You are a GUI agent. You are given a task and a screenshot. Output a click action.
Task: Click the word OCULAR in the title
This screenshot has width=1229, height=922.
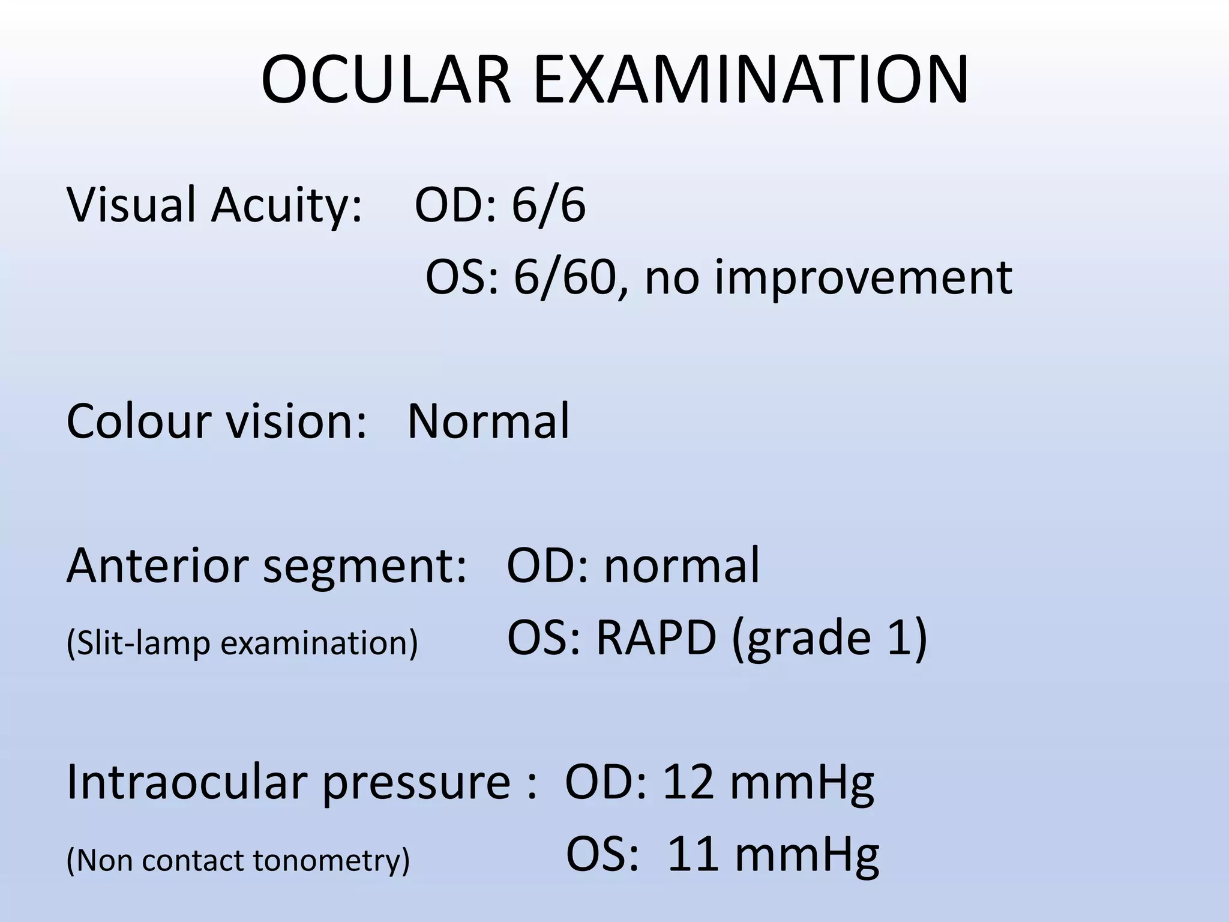click(x=386, y=80)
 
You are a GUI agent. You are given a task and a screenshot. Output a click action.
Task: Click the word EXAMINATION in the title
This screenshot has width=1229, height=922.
click(x=750, y=80)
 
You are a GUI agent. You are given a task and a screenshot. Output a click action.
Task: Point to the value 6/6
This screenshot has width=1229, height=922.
click(x=548, y=205)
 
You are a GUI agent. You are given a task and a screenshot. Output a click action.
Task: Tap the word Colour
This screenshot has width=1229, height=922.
click(x=139, y=421)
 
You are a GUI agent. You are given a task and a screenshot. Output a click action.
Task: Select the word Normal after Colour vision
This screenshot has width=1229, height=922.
click(x=488, y=421)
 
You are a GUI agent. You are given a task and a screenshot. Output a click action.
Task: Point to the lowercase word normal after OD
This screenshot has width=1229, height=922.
click(x=682, y=565)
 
